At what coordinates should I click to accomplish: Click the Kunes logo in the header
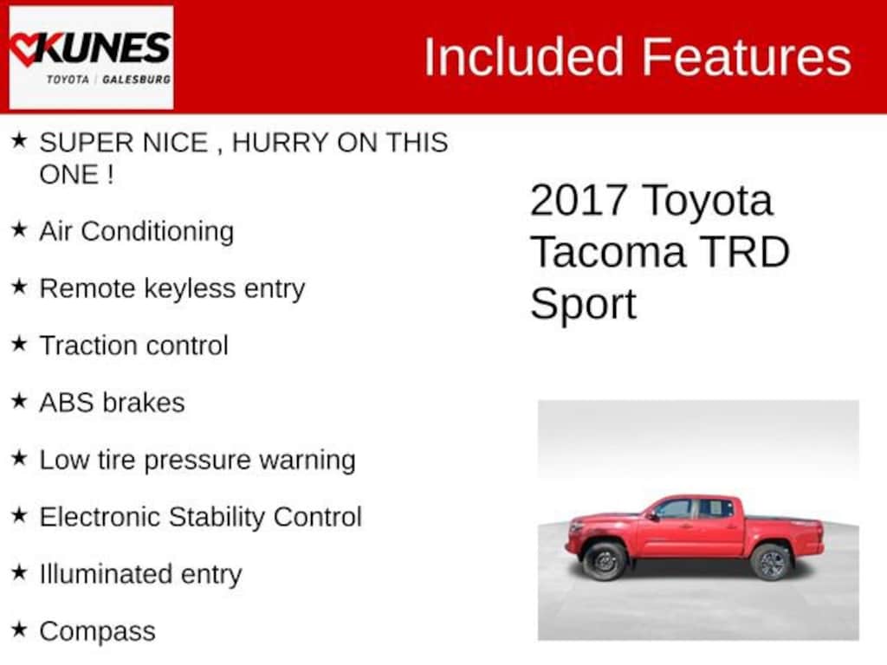click(91, 56)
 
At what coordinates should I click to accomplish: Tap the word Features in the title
click(747, 57)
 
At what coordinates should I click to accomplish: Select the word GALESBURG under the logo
click(136, 79)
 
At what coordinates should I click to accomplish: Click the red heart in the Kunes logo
click(25, 49)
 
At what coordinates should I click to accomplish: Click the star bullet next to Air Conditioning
click(19, 230)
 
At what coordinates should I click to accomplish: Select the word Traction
click(85, 345)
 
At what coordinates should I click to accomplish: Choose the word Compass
click(97, 631)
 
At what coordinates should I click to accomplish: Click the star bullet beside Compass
click(19, 630)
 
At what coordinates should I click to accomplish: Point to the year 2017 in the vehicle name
click(578, 200)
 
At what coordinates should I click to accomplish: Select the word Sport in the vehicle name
click(583, 304)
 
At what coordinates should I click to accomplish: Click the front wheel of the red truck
click(605, 561)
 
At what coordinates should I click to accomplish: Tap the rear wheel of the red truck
click(771, 561)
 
